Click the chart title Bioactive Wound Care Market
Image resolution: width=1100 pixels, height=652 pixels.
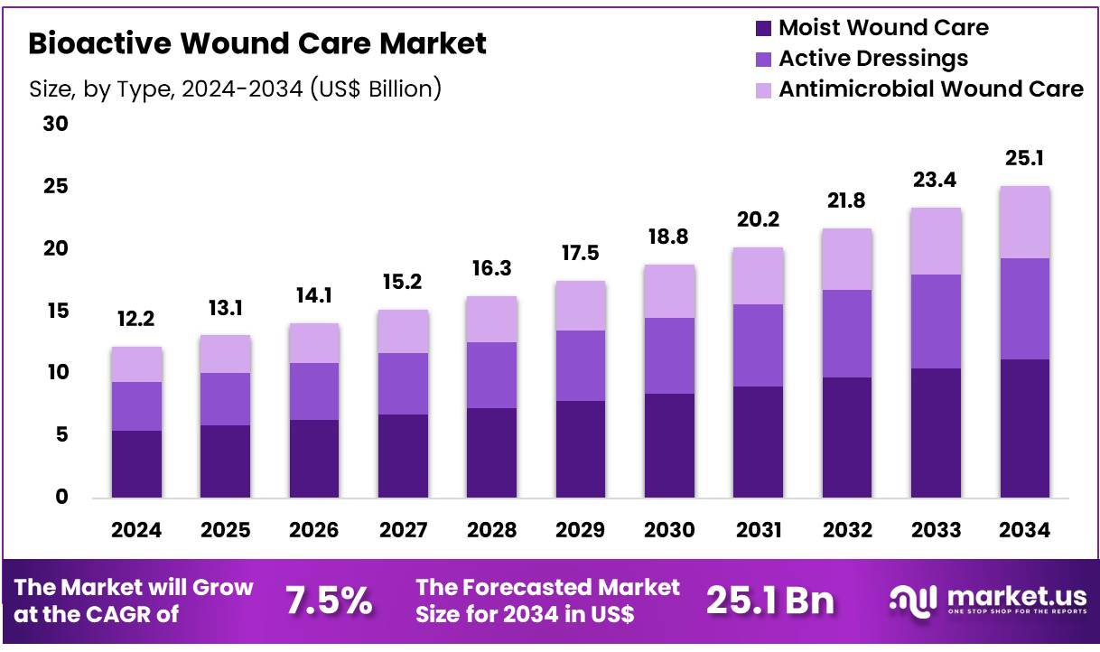point(257,43)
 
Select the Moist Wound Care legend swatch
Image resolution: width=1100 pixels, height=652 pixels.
point(763,29)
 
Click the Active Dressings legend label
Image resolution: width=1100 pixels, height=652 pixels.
point(872,59)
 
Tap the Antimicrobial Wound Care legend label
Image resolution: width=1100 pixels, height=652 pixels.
point(930,89)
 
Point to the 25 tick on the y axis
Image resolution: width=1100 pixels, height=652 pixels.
point(56,187)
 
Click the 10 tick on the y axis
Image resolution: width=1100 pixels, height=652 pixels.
point(56,373)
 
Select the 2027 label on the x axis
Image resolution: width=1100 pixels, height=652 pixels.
point(403,530)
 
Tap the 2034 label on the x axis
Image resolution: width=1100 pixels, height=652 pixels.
point(1025,530)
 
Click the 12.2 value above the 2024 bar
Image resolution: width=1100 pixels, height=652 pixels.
point(136,319)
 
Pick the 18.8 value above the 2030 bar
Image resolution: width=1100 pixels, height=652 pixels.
point(669,237)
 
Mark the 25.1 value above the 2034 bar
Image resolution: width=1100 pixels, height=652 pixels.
point(1025,159)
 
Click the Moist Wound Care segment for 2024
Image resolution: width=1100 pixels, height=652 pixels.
point(136,463)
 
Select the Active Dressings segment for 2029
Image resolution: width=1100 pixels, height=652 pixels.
point(581,366)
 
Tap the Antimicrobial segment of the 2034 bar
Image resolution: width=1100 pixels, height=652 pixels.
point(1025,222)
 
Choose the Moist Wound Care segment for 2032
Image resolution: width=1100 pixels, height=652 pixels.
point(847,437)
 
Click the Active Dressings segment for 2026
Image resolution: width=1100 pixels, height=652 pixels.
point(314,391)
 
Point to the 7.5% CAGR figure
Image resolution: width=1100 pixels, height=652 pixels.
point(329,601)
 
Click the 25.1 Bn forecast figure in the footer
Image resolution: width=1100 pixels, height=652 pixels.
point(770,601)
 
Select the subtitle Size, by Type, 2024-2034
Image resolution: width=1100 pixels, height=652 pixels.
point(235,88)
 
